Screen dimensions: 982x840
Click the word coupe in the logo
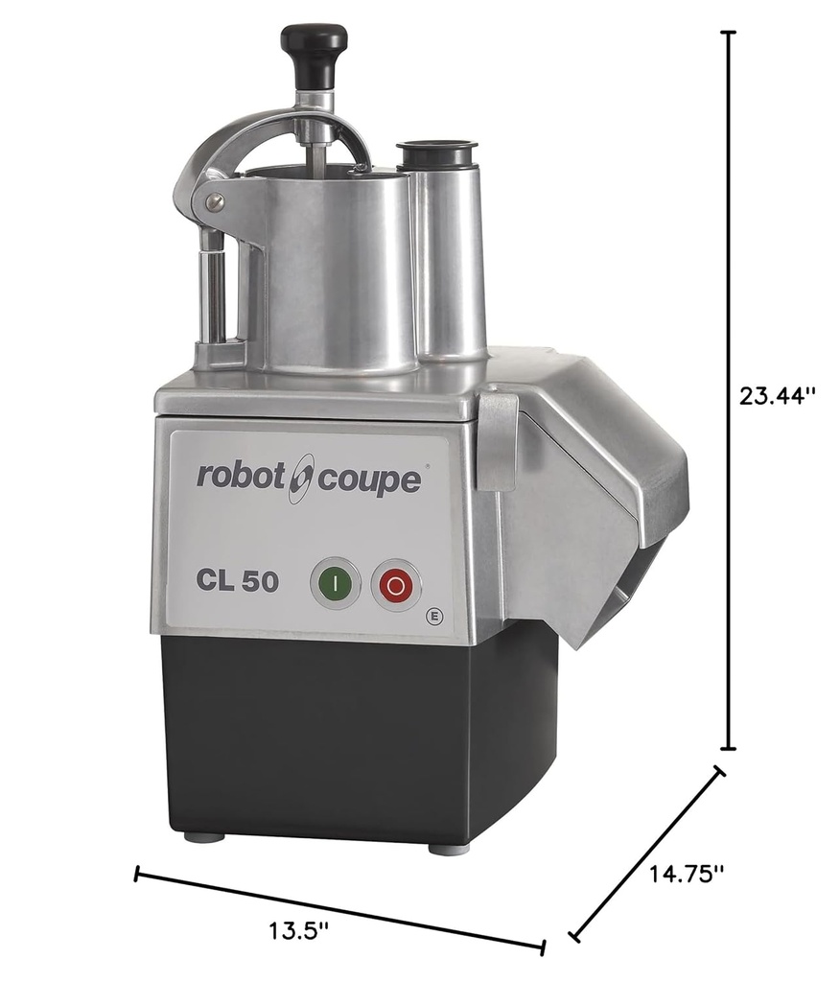coord(368,479)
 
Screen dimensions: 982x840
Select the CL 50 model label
coord(238,581)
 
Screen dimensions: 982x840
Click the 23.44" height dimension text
coord(777,395)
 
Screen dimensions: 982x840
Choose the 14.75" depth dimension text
coord(686,874)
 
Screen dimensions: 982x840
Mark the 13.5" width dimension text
coord(300,929)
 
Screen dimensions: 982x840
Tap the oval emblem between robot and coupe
coord(300,477)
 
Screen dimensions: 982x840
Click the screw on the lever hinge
coord(218,200)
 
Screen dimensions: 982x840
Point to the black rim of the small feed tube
coord(436,151)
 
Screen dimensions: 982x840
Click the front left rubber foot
coord(204,836)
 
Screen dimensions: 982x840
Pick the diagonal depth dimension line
coord(648,851)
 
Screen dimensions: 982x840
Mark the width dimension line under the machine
coord(340,910)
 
